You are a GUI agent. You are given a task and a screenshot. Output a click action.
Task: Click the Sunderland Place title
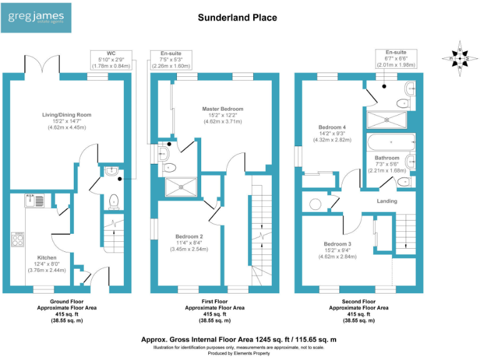[237, 17]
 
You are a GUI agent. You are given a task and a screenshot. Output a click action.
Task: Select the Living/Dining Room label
[66, 115]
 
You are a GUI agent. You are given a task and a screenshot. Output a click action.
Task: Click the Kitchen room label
[47, 257]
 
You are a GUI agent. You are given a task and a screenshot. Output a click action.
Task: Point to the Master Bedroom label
[222, 109]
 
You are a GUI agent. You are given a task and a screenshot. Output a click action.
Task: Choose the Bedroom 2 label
[189, 236]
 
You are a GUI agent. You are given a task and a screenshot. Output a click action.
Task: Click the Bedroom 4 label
[332, 127]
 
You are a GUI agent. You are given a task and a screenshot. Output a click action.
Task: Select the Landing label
[387, 201]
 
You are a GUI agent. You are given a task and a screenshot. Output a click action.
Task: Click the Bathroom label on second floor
[387, 158]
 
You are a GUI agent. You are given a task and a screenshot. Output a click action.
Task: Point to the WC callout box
[111, 59]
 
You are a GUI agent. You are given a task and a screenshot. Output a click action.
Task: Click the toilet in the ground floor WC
[114, 201]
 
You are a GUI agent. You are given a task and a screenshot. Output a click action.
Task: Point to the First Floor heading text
[214, 301]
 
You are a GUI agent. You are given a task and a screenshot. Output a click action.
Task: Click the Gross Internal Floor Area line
[239, 339]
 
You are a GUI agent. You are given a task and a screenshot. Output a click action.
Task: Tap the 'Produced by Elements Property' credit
[239, 354]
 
